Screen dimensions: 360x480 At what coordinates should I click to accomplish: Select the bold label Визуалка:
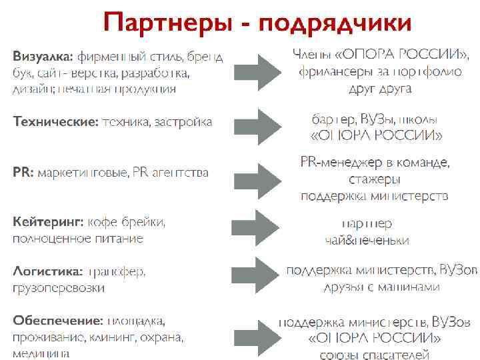pyautogui.click(x=43, y=55)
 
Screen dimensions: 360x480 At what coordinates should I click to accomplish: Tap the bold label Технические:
pyautogui.click(x=55, y=121)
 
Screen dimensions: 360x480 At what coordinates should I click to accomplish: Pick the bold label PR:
pyautogui.click(x=23, y=173)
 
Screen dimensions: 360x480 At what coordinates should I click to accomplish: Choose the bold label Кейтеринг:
pyautogui.click(x=48, y=221)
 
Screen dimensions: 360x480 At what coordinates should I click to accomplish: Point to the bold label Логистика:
pyautogui.click(x=48, y=271)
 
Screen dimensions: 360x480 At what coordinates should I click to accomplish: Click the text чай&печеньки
pyautogui.click(x=367, y=241)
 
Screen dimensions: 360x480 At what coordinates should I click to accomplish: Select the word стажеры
pyautogui.click(x=374, y=179)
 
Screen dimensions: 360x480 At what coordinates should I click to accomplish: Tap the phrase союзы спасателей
pyautogui.click(x=375, y=354)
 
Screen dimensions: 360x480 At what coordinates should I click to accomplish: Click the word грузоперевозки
pyautogui.click(x=59, y=289)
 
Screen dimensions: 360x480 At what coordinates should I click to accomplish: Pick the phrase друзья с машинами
pyautogui.click(x=381, y=287)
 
